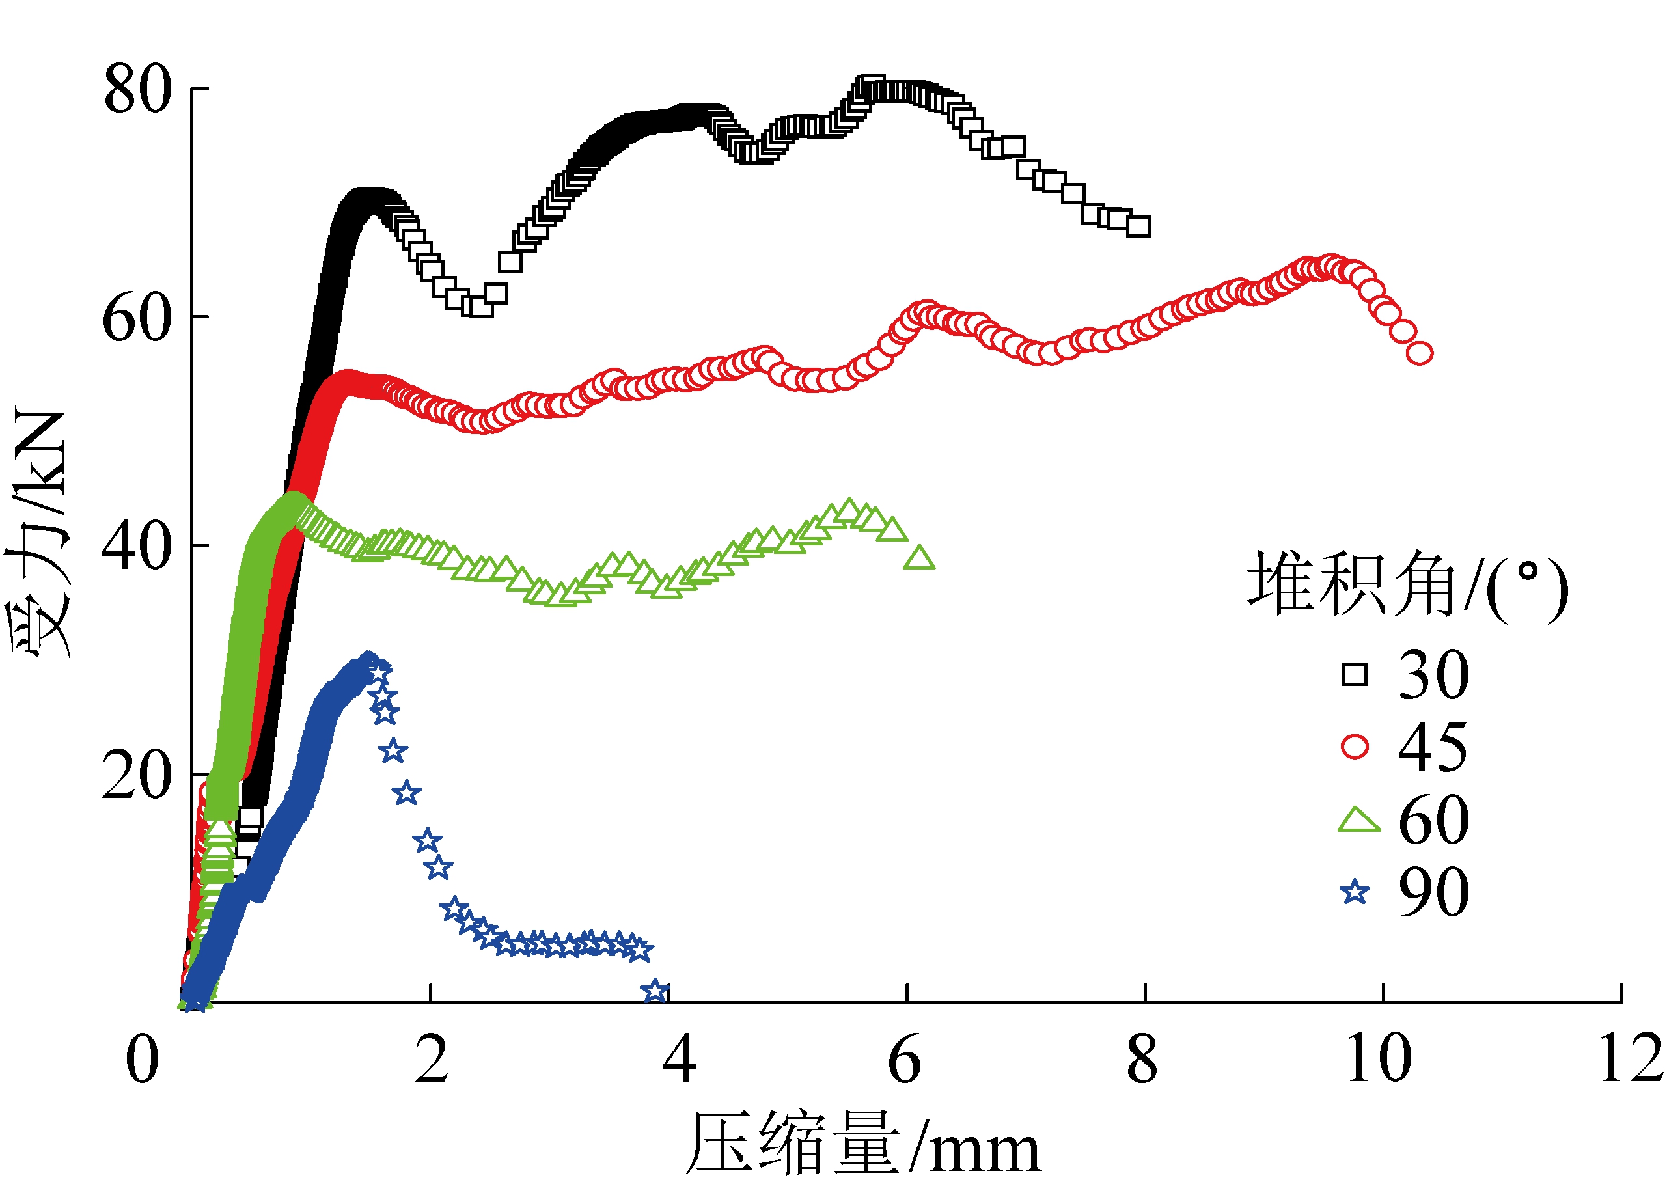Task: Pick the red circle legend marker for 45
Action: click(x=1355, y=747)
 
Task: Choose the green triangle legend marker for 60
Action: click(x=1358, y=820)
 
